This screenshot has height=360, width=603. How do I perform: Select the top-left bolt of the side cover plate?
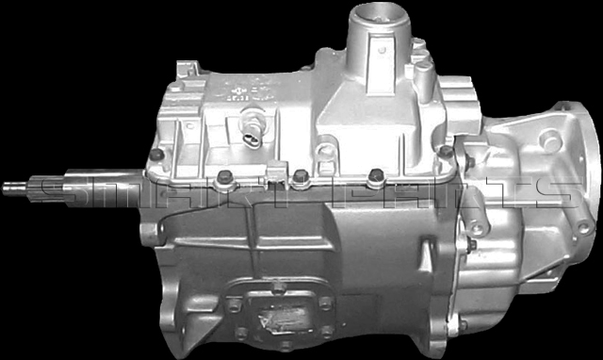pos(234,303)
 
